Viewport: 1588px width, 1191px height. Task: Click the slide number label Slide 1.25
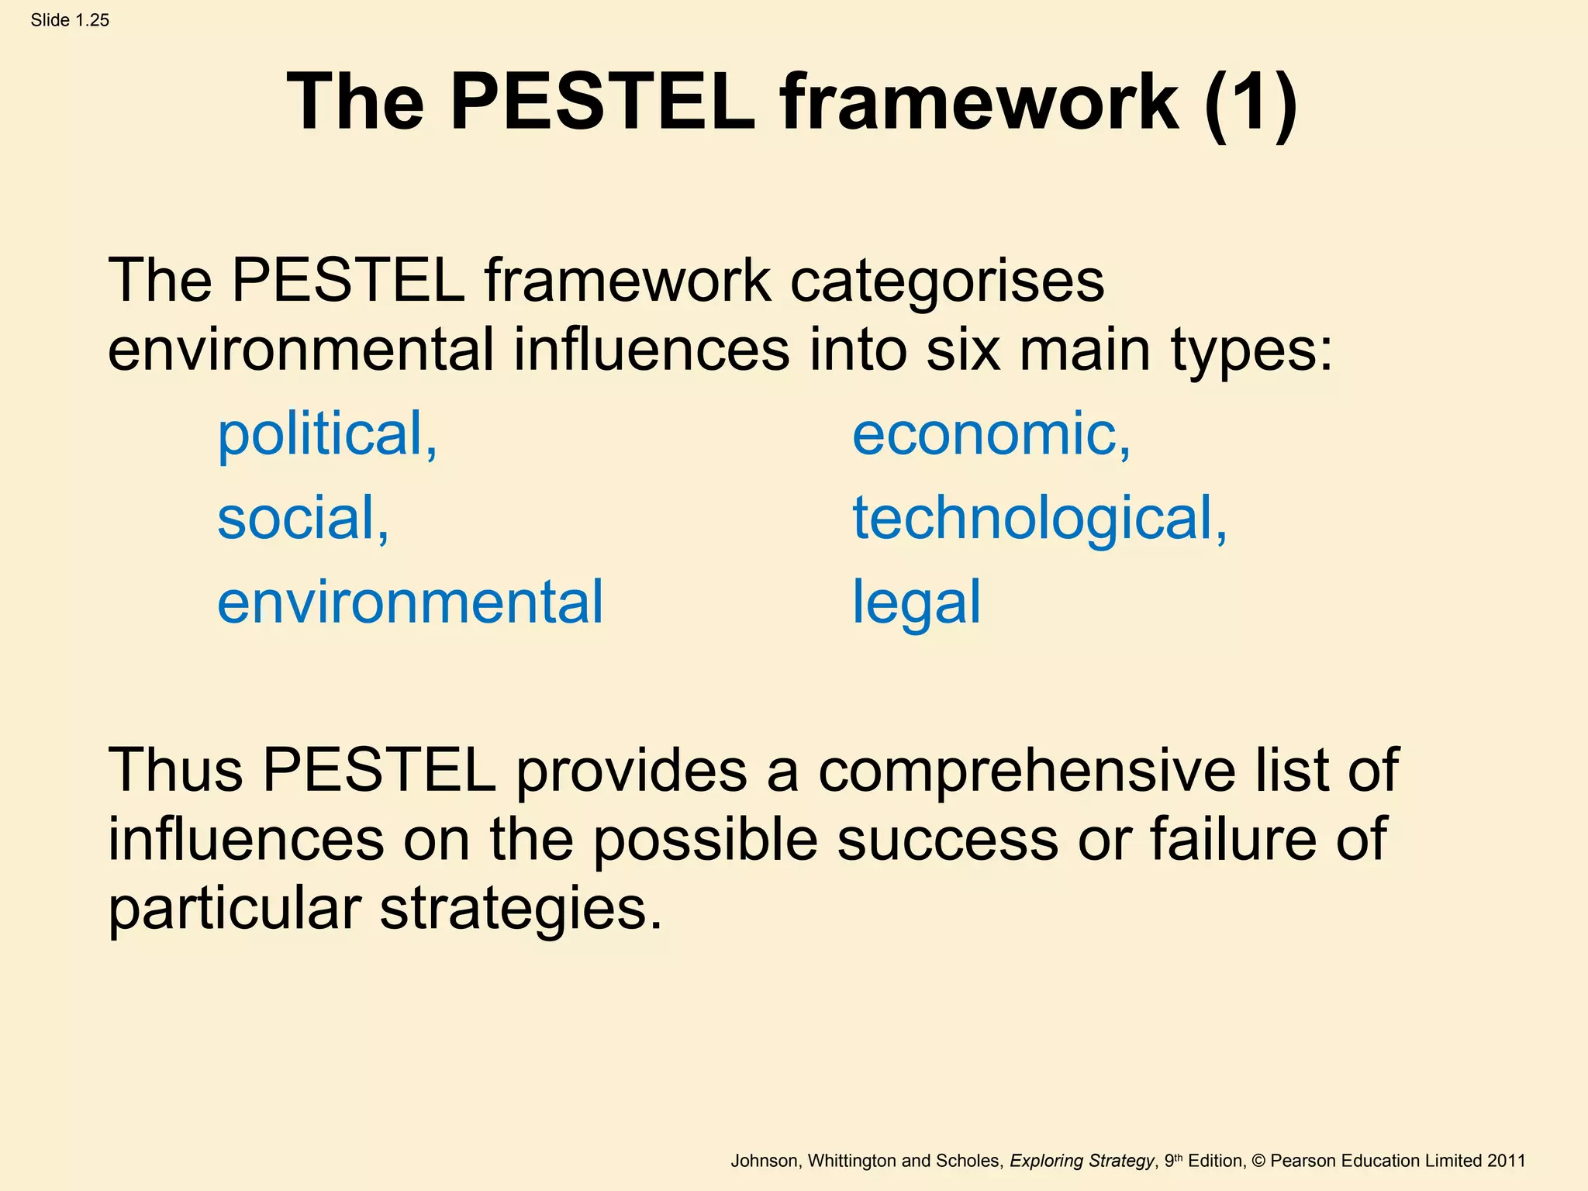pos(70,20)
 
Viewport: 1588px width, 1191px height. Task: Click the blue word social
pos(302,518)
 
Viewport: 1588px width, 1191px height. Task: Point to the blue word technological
pos(1039,518)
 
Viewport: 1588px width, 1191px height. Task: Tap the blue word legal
pos(917,603)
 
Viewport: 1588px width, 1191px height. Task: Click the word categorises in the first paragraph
pos(947,281)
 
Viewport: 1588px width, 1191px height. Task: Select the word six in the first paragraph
pos(962,350)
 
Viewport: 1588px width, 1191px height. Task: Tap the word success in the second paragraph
pos(948,839)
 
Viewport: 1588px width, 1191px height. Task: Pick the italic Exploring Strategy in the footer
pos(1082,1161)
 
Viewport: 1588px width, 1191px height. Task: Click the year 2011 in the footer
pos(1506,1161)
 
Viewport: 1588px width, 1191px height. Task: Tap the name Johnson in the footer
pos(764,1161)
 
